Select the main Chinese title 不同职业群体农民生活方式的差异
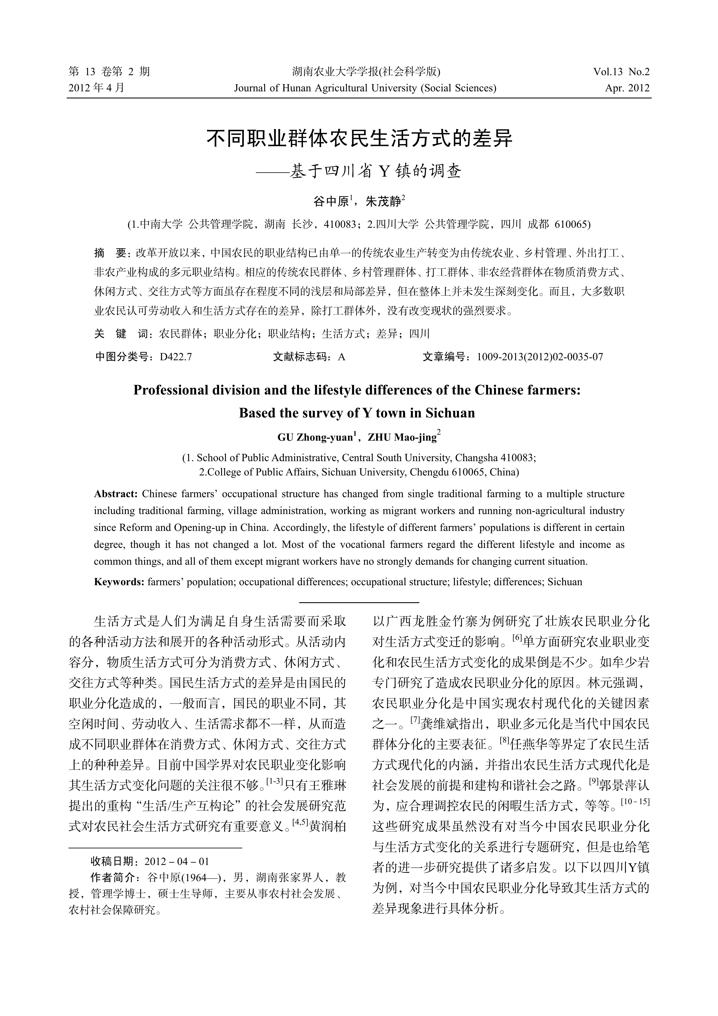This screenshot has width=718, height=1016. coord(359,138)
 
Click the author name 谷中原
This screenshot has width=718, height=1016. coord(331,202)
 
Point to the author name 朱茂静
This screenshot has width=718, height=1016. coord(383,202)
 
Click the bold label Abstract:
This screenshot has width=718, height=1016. coord(116,494)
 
